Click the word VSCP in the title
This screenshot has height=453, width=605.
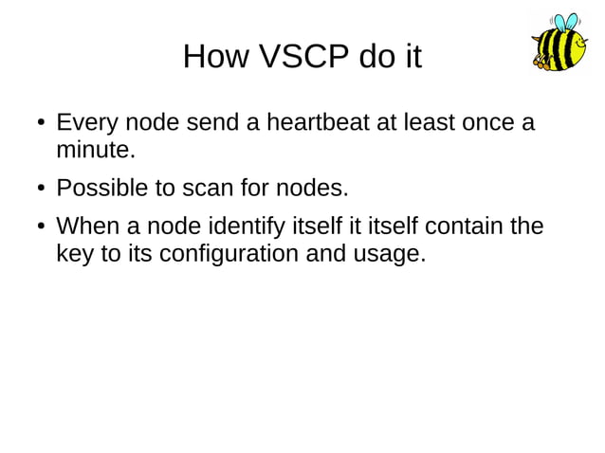305,57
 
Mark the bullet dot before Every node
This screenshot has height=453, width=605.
42,124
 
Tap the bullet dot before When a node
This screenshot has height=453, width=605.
42,227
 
